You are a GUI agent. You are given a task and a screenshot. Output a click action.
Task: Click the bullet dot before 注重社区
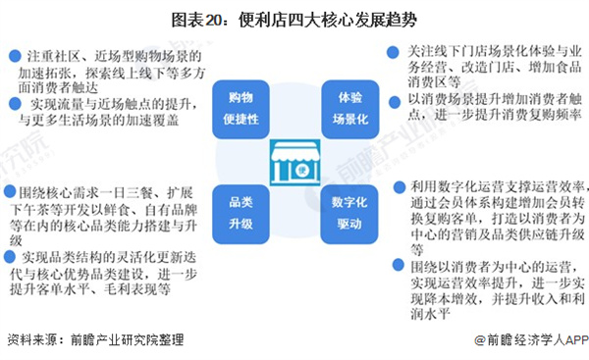pyautogui.click(x=11, y=55)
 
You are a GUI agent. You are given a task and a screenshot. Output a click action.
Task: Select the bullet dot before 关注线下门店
pyautogui.click(x=402, y=49)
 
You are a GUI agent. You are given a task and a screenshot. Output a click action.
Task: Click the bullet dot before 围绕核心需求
pyautogui.click(x=10, y=190)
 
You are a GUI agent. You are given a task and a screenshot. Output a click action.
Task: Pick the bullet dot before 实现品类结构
pyautogui.click(x=10, y=256)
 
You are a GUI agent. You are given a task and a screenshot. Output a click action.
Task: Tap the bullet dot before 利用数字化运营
pyautogui.click(x=402, y=185)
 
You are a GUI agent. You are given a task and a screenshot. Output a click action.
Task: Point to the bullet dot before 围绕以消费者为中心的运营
pyautogui.click(x=402, y=266)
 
